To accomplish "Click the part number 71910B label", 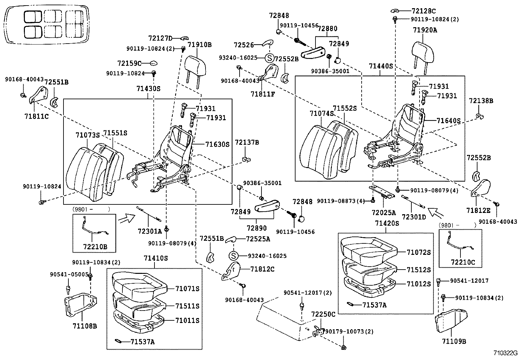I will click(200, 45).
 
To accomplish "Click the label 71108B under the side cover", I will click(85, 326).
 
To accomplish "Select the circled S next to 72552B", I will click(269, 59).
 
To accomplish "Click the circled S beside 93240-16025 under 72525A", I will click(233, 256).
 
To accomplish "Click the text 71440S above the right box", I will click(381, 66).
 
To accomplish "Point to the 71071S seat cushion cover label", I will click(187, 289).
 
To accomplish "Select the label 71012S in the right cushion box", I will click(419, 284).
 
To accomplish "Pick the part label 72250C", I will click(323, 314).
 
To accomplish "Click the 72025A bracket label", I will click(384, 213).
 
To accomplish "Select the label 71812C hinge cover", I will click(262, 269).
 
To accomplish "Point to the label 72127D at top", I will click(160, 38).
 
